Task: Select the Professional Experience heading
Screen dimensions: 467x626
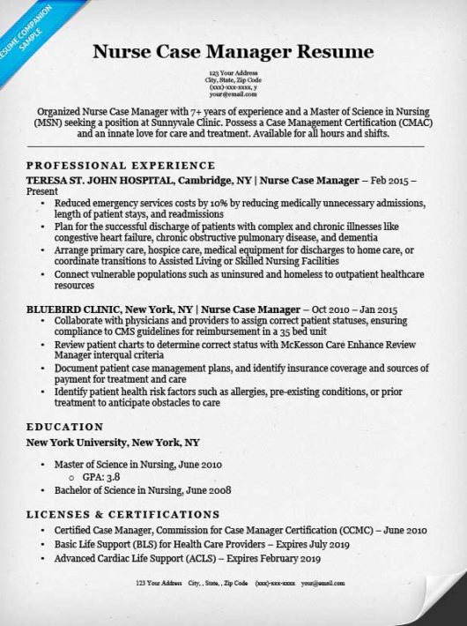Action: [x=121, y=165]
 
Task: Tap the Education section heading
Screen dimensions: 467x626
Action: [x=65, y=427]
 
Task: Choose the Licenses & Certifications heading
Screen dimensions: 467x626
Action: [x=123, y=514]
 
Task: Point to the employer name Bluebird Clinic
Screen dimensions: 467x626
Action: [x=74, y=309]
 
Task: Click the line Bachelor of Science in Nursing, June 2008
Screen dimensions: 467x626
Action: [x=143, y=489]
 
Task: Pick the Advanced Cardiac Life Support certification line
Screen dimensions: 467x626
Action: [x=187, y=558]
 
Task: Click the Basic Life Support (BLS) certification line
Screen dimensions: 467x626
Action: [x=202, y=544]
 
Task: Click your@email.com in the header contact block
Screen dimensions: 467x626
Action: [x=233, y=94]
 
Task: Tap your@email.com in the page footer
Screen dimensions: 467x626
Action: [x=319, y=584]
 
